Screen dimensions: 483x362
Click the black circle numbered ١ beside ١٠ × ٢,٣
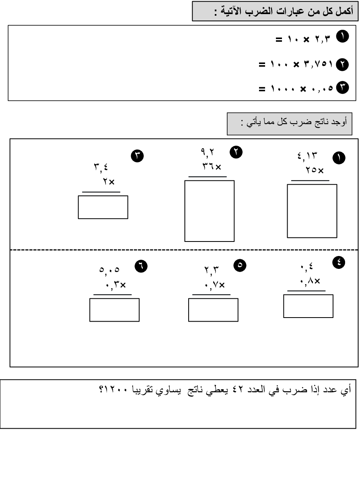(343, 37)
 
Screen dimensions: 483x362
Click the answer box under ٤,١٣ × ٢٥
(312, 211)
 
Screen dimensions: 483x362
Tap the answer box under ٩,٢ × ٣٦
(209, 211)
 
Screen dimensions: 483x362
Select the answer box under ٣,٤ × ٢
(103, 207)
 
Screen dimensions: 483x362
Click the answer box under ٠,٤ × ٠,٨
(308, 306)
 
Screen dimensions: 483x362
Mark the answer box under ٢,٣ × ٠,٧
(213, 310)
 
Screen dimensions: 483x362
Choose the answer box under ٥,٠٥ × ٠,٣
(114, 310)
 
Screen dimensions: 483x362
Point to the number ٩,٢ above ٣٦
(208, 152)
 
